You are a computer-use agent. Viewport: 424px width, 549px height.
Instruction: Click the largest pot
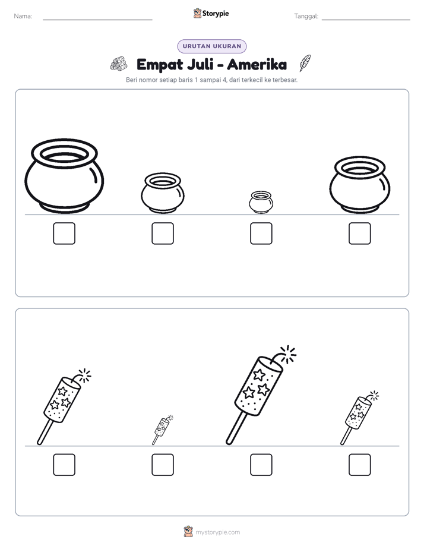(x=64, y=176)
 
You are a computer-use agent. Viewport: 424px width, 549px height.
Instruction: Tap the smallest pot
(x=261, y=203)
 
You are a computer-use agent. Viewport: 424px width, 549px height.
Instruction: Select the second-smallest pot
(x=163, y=193)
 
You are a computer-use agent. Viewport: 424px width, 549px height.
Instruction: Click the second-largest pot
(x=360, y=185)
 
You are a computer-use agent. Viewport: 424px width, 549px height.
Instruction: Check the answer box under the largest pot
(x=64, y=234)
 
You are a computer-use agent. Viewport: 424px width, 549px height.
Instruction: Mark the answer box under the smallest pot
(x=261, y=234)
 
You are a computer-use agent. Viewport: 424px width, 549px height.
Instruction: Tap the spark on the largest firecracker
(x=288, y=354)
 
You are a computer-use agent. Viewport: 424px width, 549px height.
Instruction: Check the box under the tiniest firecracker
(x=163, y=465)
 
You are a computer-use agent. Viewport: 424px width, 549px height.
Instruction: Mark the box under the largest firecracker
(x=261, y=465)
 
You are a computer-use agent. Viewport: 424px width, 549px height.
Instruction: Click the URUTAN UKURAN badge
(x=211, y=46)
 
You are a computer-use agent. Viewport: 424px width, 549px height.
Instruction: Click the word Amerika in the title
(x=257, y=64)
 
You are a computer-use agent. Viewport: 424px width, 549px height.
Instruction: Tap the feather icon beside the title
(x=305, y=63)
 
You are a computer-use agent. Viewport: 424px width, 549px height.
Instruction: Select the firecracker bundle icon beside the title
(x=119, y=64)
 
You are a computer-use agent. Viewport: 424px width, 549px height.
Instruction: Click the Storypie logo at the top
(x=211, y=13)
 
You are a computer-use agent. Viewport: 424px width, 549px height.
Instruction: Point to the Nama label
(x=23, y=16)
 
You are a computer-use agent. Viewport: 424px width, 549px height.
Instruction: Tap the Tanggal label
(x=306, y=16)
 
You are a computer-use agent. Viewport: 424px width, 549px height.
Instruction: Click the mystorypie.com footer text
(x=217, y=532)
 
